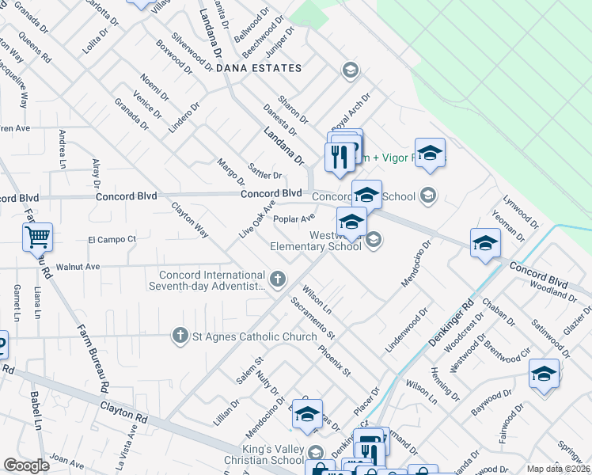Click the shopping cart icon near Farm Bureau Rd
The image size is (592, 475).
(38, 236)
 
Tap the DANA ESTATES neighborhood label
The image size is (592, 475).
(259, 69)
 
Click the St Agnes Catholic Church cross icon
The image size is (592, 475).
(180, 336)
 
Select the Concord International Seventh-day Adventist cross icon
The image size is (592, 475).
(277, 278)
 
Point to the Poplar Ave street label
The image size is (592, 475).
(294, 218)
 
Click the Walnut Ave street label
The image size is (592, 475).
(77, 267)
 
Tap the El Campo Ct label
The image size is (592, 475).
(112, 238)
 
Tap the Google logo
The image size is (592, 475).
(26, 465)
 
